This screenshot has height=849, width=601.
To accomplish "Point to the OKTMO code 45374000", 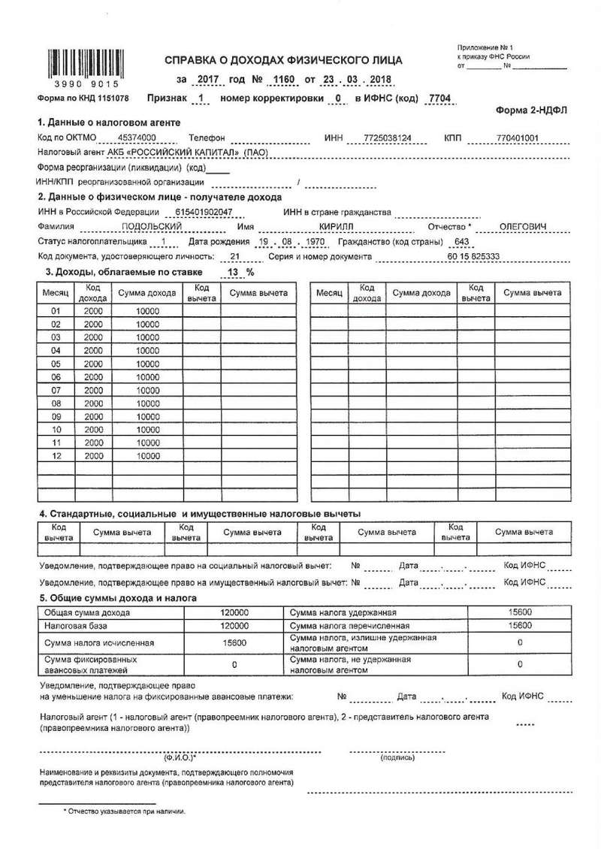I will point(137,139).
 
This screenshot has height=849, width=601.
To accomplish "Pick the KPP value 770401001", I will point(519,139).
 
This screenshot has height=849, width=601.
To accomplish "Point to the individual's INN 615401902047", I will point(204,213).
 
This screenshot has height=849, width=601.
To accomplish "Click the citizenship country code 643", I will point(461,242).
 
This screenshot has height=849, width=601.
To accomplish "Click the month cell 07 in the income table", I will point(56,391).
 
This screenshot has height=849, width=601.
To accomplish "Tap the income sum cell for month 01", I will point(148,311).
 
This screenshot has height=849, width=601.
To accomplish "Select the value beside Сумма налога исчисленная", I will point(235,643).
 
